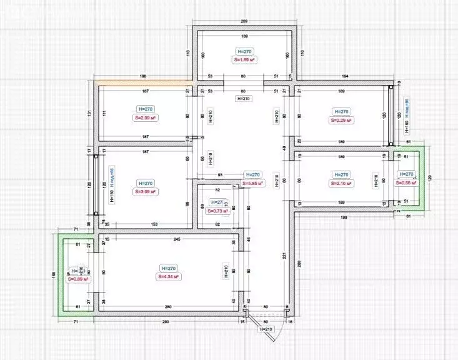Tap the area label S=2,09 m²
[x=145, y=117]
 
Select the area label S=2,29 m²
[x=342, y=120]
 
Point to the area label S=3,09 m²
[x=145, y=192]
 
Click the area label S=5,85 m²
[x=252, y=183]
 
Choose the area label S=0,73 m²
[x=218, y=211]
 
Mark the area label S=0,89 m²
[x=76, y=279]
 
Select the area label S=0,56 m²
[x=406, y=182]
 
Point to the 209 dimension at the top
[x=244, y=21]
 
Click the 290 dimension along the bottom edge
[x=166, y=322]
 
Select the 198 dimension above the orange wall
[x=143, y=76]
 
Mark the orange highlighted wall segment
[x=143, y=82]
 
